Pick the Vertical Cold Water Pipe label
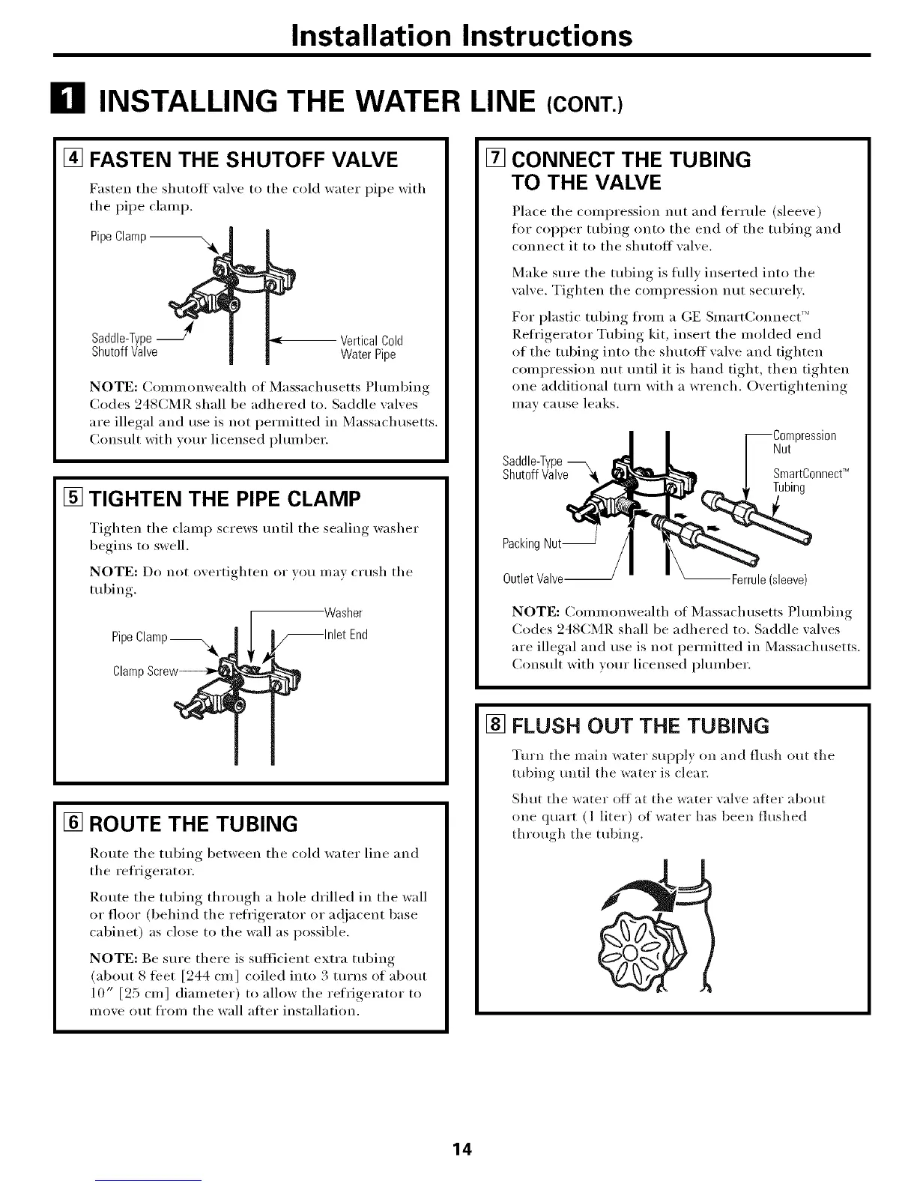(372, 347)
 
